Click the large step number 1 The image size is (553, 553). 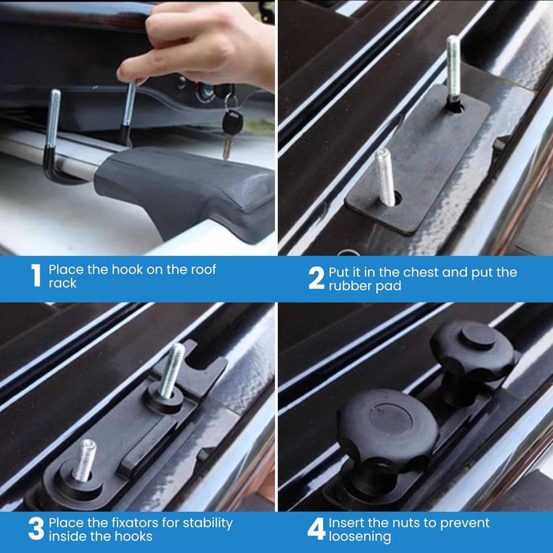36,276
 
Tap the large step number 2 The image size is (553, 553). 316,278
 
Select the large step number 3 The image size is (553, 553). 36,529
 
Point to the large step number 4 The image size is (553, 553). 316,529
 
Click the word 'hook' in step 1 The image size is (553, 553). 127,270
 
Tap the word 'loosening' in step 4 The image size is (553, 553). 359,537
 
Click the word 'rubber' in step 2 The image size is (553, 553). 350,286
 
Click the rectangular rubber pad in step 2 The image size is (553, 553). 419,160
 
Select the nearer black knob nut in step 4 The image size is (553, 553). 387,438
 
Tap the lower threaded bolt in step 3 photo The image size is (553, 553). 85,461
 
